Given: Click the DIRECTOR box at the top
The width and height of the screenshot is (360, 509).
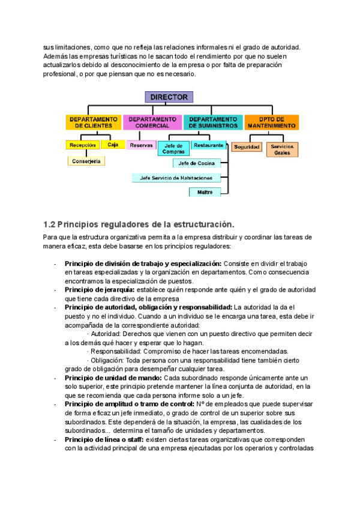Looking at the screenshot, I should coord(169,97).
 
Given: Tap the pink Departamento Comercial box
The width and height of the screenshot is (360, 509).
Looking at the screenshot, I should coord(152,122).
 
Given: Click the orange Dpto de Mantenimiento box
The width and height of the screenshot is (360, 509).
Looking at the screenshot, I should coord(271,122).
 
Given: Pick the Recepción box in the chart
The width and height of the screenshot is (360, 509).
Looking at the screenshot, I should coord(83,145).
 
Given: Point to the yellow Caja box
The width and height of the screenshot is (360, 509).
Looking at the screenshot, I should coord(113,145).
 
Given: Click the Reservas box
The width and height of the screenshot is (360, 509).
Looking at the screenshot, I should coord(142,145).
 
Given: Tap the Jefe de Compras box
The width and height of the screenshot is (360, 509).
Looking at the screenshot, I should coord(173,149).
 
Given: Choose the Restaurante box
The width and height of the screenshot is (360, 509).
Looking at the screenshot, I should coord(209,145).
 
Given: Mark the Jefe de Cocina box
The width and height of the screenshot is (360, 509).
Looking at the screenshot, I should coord(197,163).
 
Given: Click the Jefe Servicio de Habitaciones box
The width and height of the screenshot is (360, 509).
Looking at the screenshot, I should coord(176,178).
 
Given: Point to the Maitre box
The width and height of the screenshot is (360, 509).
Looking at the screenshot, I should coord(205,192).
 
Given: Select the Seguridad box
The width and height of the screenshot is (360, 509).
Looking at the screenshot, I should coord(247,147).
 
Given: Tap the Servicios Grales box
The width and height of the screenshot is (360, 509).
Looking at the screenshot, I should coord(282,149).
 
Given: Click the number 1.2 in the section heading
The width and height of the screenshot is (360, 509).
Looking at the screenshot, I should coord(49,224).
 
